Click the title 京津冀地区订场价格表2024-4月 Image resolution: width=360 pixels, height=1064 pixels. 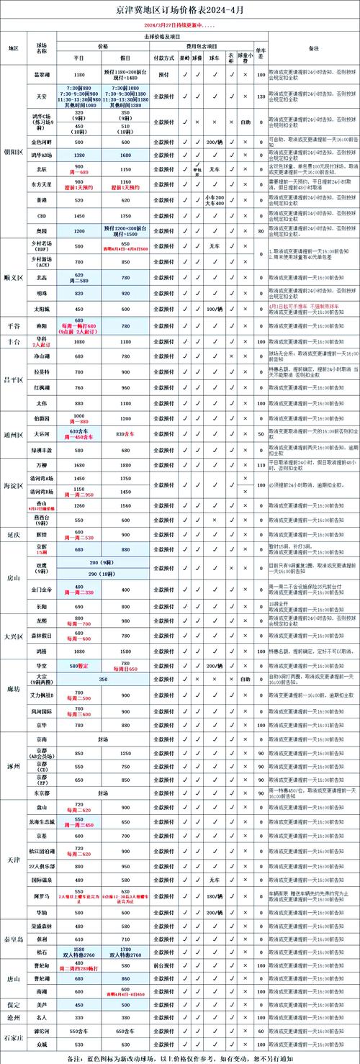pyautogui.click(x=180, y=11)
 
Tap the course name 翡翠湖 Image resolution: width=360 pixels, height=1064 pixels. pyautogui.click(x=42, y=74)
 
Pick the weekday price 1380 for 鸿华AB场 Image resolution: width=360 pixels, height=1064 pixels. pyautogui.click(x=79, y=155)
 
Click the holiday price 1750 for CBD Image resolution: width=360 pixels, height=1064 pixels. pyautogui.click(x=126, y=215)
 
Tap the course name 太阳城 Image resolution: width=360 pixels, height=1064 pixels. pyautogui.click(x=42, y=309)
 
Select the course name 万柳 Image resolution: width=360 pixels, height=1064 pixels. pyautogui.click(x=42, y=465)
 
